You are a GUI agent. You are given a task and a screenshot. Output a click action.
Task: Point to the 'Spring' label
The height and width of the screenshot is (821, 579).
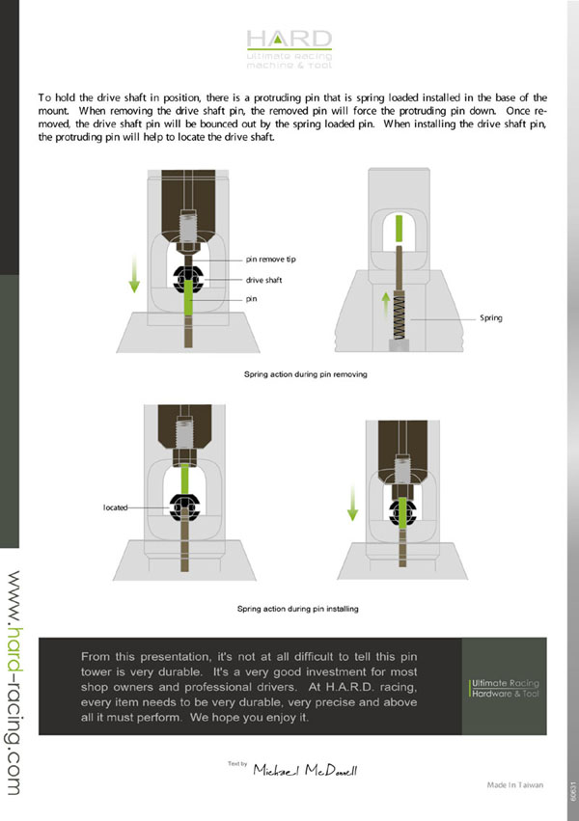tap(491, 316)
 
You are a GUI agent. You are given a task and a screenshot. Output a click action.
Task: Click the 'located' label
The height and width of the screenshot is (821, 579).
tap(116, 506)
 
